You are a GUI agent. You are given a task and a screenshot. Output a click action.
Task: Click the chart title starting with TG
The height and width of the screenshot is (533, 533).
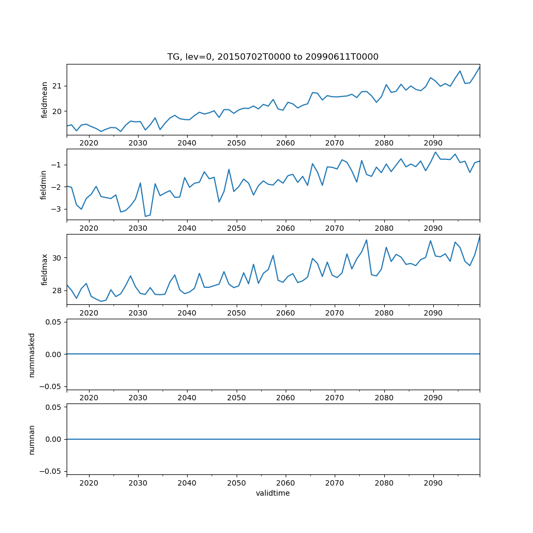point(273,57)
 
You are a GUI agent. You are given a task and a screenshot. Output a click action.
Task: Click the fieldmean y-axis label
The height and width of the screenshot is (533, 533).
point(45,100)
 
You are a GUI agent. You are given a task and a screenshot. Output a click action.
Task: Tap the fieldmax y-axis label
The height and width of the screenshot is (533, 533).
point(45,269)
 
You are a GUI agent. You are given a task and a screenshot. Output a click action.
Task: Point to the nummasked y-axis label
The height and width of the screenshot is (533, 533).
point(32,354)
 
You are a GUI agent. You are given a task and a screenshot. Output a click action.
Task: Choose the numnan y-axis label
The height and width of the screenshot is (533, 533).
point(32,439)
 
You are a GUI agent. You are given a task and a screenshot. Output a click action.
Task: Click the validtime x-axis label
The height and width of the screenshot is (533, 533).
point(273,494)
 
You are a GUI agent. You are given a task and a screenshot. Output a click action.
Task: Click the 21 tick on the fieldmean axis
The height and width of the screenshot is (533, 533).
point(57,86)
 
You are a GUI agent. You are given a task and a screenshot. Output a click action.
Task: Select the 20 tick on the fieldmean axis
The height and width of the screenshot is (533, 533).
point(57,111)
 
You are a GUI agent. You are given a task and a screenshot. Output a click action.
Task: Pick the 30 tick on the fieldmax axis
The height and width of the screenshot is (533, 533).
point(57,258)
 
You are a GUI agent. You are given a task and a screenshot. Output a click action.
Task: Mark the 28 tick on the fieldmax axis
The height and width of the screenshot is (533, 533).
point(57,290)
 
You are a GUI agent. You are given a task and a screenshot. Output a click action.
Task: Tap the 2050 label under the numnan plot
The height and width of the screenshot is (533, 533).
point(236,483)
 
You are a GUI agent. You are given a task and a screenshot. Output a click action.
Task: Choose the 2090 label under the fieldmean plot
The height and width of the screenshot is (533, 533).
point(433,143)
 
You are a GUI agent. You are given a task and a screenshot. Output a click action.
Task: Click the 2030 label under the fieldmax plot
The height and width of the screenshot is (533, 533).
point(138,313)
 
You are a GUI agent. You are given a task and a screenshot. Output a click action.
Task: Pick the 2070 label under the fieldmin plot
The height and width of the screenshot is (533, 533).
point(335,228)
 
